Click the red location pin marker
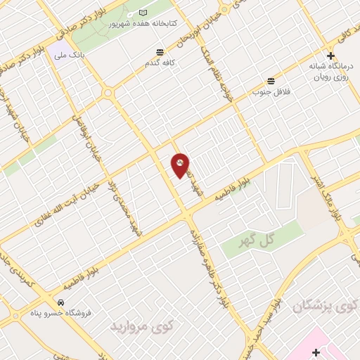click(x=180, y=165)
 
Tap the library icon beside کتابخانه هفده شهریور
click(x=143, y=13)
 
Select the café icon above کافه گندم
click(x=160, y=51)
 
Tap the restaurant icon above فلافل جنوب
click(x=271, y=80)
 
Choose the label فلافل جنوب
click(x=271, y=91)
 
